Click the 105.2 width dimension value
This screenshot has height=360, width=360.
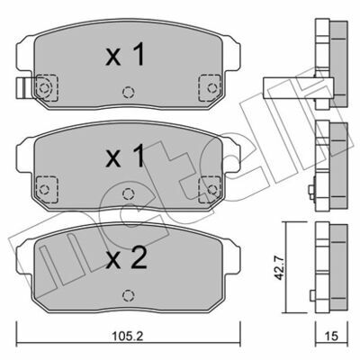[x=127, y=336]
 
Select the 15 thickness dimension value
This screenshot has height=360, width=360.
[x=331, y=336]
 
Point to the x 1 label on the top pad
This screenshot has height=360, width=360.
[x=125, y=54]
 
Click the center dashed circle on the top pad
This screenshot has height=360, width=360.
[x=129, y=92]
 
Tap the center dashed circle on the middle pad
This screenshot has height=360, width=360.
[x=129, y=193]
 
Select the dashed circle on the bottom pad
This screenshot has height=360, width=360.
[x=129, y=295]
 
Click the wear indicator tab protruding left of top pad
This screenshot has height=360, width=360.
[x=23, y=88]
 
